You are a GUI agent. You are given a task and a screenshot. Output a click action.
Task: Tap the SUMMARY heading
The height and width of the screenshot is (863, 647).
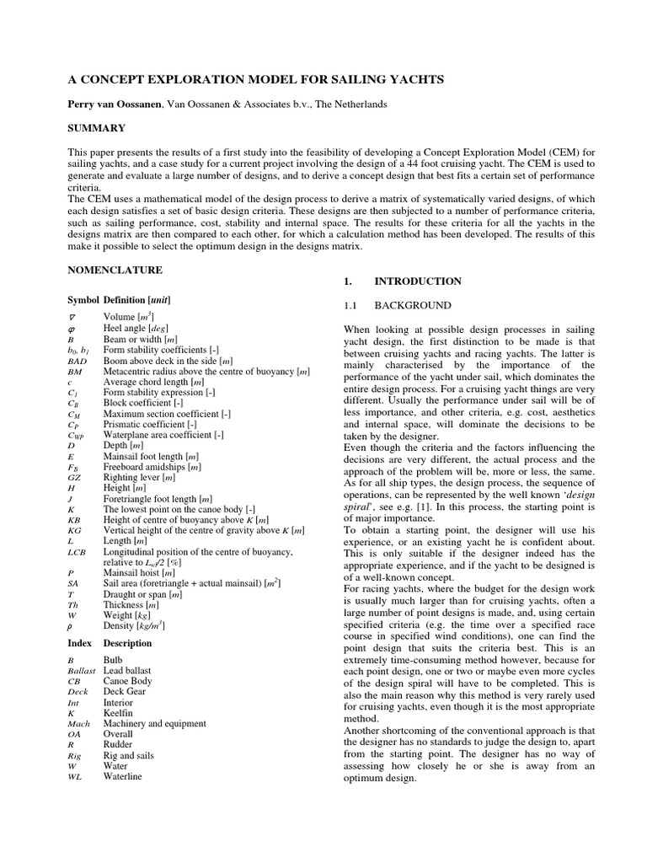click(x=96, y=128)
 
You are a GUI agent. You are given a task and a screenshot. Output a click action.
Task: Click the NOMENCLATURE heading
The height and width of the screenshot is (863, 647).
click(x=114, y=270)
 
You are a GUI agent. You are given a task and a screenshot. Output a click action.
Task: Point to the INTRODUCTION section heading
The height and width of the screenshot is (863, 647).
click(x=418, y=281)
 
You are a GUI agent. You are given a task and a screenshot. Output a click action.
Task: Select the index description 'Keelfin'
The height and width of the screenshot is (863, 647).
click(x=118, y=713)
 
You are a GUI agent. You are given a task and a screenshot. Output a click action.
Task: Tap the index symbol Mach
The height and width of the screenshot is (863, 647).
click(x=78, y=724)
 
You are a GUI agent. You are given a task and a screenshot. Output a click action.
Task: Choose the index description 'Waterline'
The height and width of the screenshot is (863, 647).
click(x=123, y=777)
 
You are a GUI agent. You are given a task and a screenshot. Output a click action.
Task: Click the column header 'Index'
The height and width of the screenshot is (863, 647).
click(x=79, y=643)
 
